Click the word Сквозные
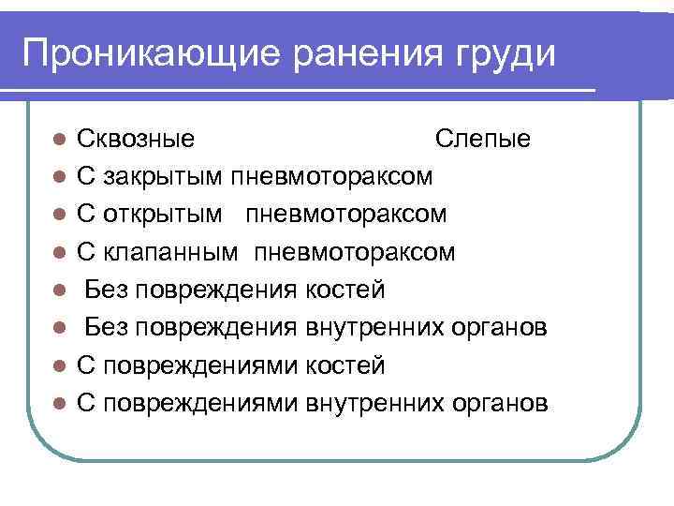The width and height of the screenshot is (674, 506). click(x=136, y=140)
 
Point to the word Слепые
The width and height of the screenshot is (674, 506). click(x=483, y=140)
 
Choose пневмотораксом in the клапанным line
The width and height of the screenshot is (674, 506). click(x=356, y=253)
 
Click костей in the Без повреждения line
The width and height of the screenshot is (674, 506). click(x=345, y=290)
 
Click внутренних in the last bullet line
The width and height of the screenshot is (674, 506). click(x=374, y=403)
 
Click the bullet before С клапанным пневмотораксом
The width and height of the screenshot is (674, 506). click(x=59, y=253)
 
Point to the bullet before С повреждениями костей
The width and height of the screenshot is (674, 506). click(x=59, y=365)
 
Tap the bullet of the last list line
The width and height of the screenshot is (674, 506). click(x=59, y=403)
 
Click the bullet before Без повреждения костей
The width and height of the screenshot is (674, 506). click(x=59, y=290)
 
